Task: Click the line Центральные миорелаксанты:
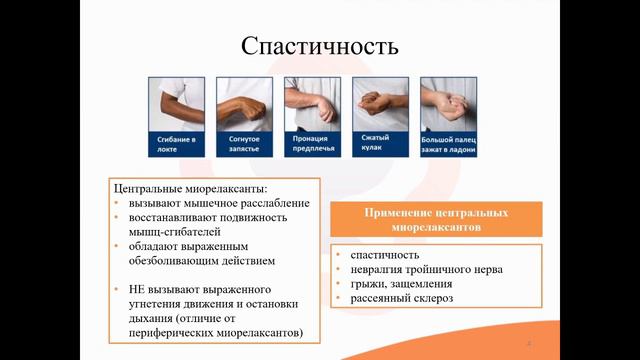(191, 187)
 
